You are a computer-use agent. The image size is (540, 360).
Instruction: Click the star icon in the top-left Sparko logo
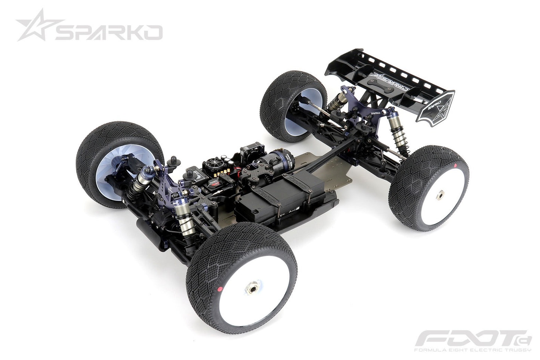(33, 25)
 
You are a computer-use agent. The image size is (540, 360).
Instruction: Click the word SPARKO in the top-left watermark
(109, 33)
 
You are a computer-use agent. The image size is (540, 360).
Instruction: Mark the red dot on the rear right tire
(457, 165)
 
